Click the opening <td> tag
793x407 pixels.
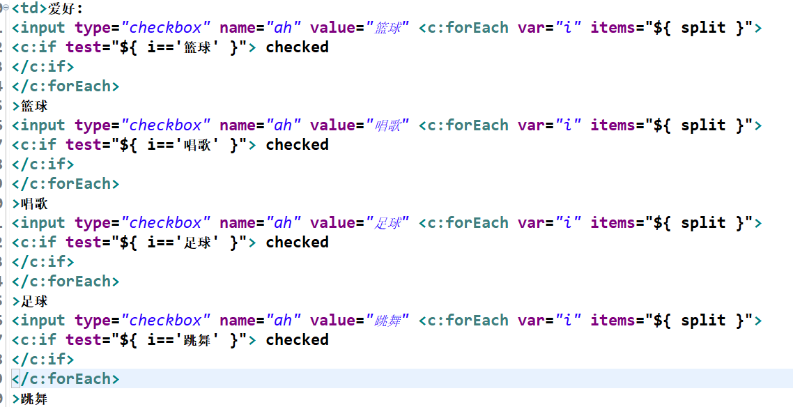point(29,9)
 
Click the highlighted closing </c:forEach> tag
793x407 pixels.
point(66,379)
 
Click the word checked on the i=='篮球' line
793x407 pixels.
point(297,47)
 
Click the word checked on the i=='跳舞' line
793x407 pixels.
point(297,340)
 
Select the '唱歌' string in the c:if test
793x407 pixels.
point(201,145)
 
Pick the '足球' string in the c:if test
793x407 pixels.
point(201,243)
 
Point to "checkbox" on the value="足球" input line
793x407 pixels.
point(165,223)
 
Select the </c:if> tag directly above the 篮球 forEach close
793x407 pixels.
point(43,67)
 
